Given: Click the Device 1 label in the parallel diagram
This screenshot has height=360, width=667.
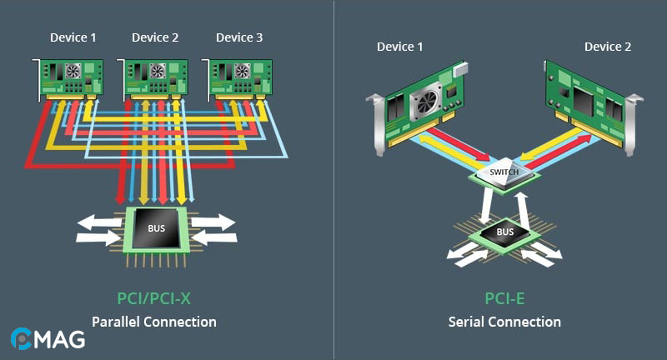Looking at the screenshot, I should point(73,37).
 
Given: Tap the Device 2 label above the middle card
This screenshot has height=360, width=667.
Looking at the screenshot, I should point(155,37).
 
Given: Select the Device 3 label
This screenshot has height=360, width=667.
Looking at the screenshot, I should point(239,37).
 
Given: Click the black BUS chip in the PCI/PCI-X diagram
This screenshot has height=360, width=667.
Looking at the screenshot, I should point(157,227).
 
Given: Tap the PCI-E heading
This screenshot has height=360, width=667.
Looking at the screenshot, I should point(504,297).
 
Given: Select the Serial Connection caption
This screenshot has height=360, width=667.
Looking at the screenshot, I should point(504,322).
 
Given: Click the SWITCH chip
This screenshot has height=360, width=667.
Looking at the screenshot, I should point(504,172).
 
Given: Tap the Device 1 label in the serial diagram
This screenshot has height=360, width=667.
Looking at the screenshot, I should point(400,47).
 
